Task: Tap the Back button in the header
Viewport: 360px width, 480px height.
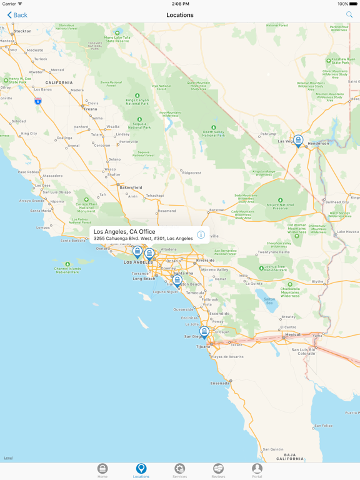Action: click(17, 15)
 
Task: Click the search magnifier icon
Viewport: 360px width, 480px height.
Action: click(349, 15)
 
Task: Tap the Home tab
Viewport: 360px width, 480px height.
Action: click(102, 471)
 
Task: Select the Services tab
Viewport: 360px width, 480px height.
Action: click(179, 471)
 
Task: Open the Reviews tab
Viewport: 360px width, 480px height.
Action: click(218, 471)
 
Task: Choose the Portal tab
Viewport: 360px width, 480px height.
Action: click(257, 471)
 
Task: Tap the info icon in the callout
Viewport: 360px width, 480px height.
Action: click(201, 235)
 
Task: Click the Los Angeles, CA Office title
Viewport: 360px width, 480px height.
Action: click(124, 232)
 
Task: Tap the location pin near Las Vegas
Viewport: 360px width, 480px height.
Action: click(299, 141)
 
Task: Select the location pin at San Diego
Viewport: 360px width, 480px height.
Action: click(204, 332)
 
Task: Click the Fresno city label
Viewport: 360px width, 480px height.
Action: click(91, 109)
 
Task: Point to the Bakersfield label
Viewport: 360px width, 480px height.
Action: click(131, 187)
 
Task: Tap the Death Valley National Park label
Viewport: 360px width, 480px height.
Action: click(213, 132)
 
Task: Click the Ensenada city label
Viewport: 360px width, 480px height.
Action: click(220, 383)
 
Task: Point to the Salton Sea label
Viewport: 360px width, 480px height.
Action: click(269, 300)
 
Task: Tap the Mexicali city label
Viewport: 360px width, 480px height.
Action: click(293, 334)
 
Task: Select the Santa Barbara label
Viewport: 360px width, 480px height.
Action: click(73, 240)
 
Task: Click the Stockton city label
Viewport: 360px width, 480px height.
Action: click(22, 31)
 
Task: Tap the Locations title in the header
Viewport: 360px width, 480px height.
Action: click(180, 15)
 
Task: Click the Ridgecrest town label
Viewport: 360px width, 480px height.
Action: click(192, 172)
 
